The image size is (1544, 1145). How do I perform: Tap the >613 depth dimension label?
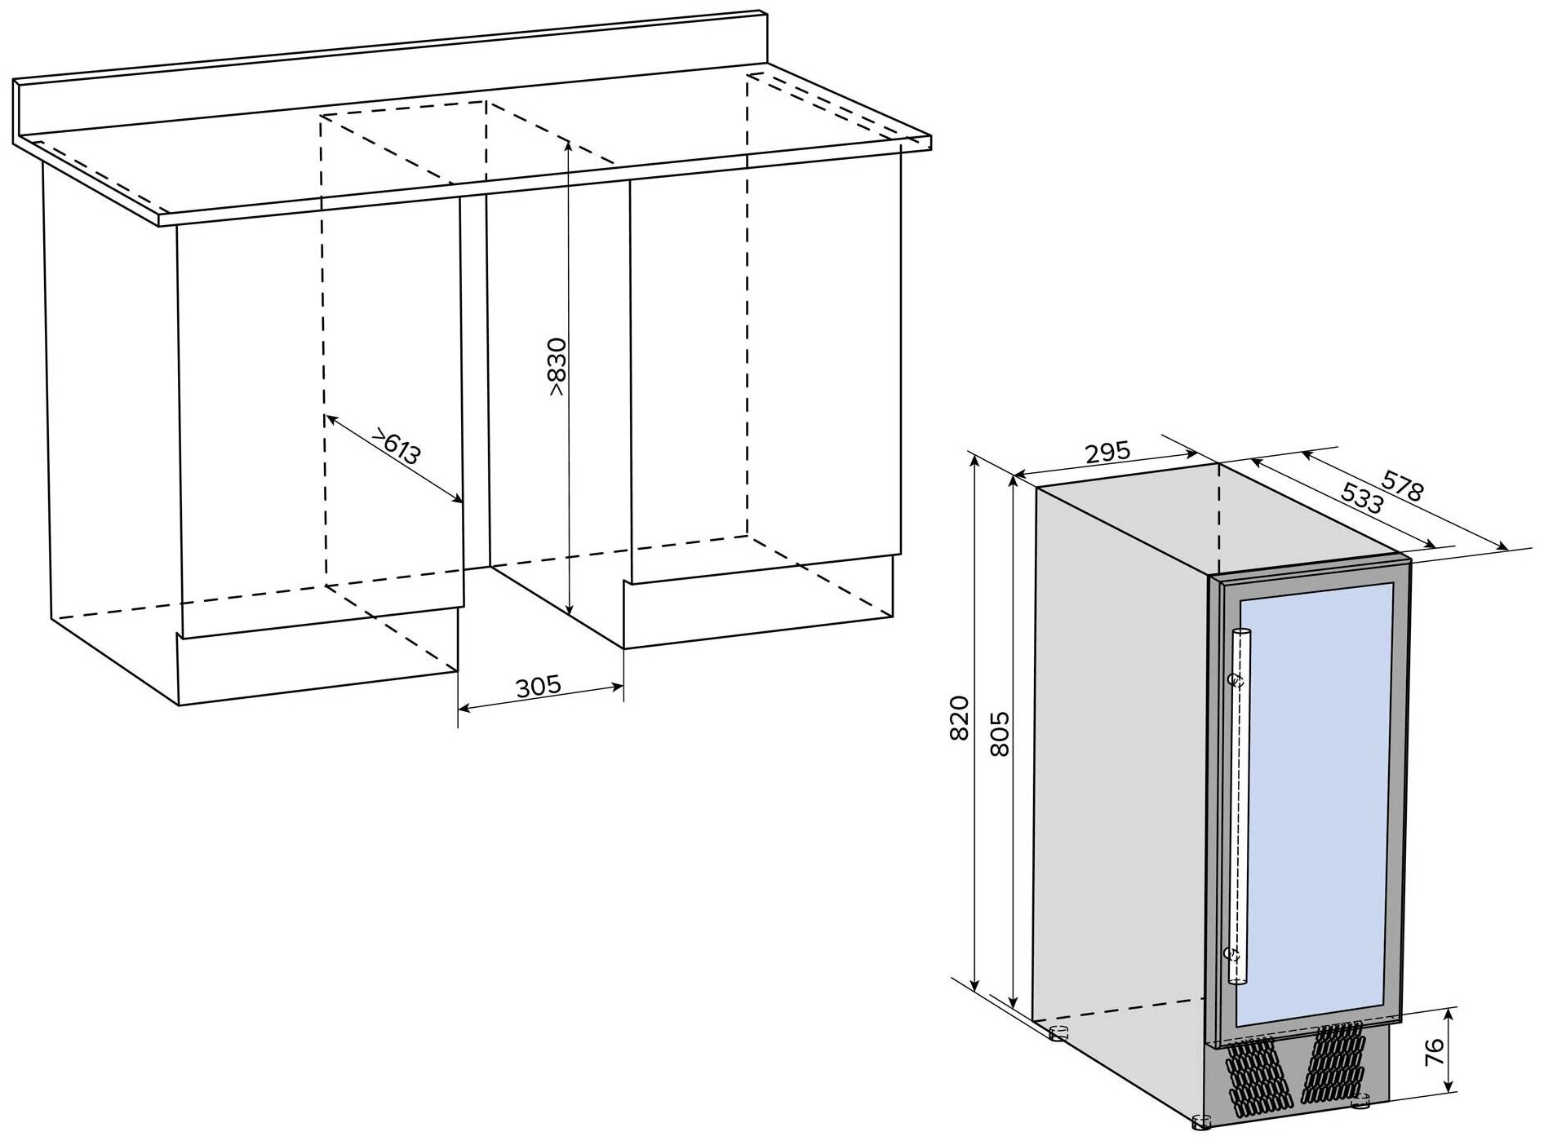tap(397, 445)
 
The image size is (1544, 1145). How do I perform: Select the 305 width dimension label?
tap(539, 686)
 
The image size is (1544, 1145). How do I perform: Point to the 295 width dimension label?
tap(1107, 452)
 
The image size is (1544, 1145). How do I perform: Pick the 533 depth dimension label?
tap(1362, 498)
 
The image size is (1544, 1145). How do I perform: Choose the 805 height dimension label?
tap(999, 733)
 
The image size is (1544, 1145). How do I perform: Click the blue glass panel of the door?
tap(1314, 803)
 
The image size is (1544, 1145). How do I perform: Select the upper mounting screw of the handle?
tap(1236, 679)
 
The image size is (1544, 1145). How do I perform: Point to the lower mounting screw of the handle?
tap(1233, 952)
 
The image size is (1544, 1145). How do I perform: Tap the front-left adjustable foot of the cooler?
tap(1200, 1123)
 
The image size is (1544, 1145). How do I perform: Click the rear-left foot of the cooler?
tap(1058, 1034)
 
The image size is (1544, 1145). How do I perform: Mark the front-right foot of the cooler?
tap(1360, 1103)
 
